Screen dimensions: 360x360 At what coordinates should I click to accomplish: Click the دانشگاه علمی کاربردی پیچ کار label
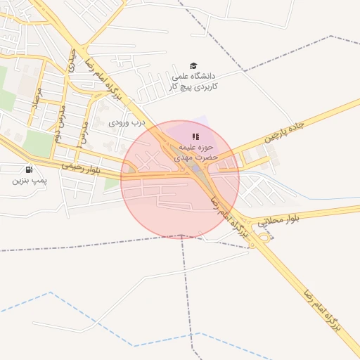[x=195, y=80]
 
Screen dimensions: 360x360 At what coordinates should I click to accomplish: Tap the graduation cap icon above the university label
[x=194, y=65]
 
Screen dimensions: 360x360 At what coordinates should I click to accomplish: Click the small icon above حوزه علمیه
[x=195, y=136]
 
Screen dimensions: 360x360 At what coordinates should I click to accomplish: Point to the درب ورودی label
[x=127, y=122]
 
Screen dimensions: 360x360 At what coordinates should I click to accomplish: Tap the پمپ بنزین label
[x=29, y=181]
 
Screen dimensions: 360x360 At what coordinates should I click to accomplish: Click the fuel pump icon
[x=28, y=169]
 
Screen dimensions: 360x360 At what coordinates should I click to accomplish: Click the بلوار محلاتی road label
[x=278, y=221]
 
